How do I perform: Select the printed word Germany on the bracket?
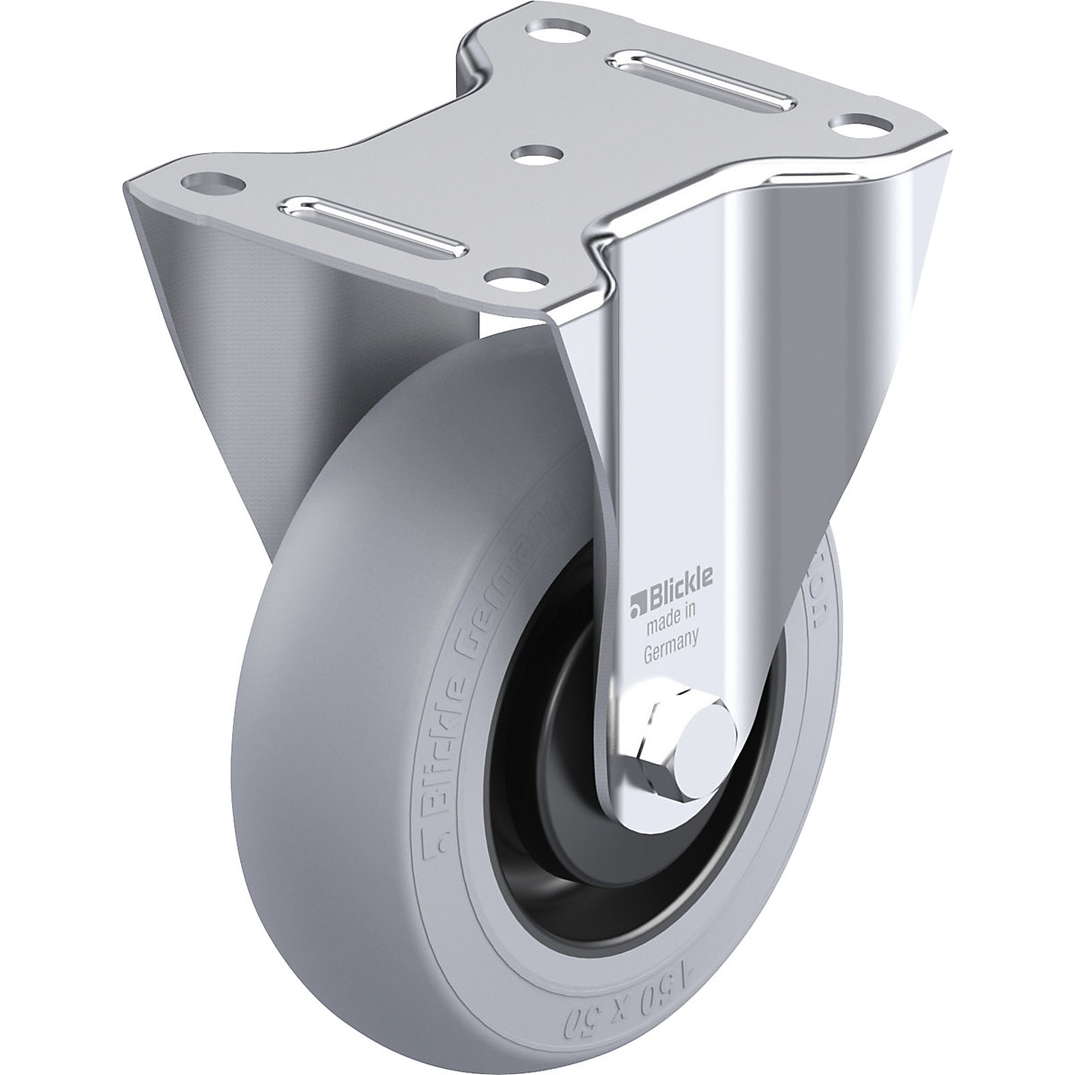click(672, 633)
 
